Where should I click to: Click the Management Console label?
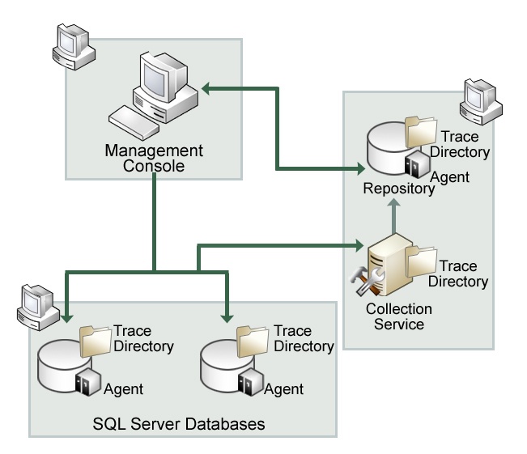(154, 159)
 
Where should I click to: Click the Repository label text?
(399, 189)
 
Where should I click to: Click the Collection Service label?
(399, 316)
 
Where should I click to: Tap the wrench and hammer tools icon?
(362, 281)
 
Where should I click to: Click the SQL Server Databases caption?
(179, 423)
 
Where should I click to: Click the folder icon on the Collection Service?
(421, 261)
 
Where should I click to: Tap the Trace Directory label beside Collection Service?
(458, 274)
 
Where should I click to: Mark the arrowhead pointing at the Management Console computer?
(206, 87)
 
